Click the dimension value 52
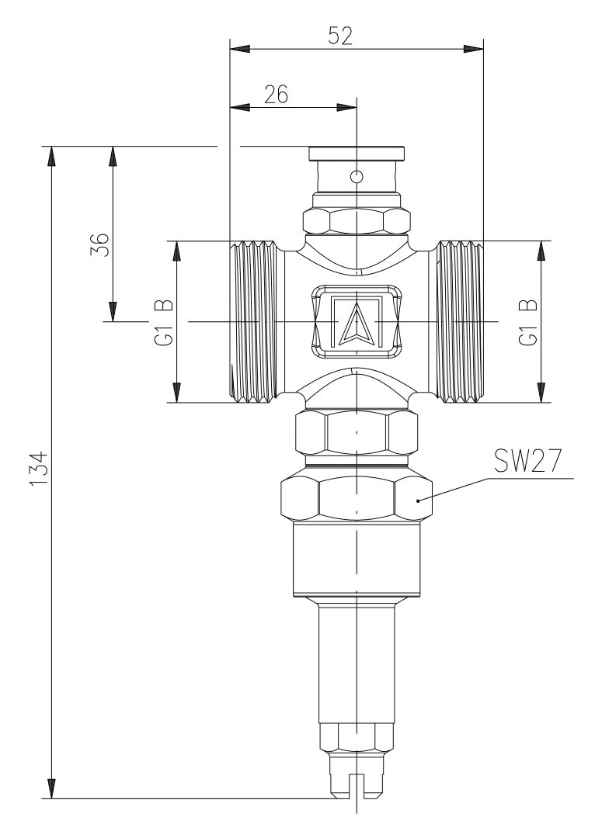click(x=340, y=36)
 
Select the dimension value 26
click(x=276, y=94)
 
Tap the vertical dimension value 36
click(x=100, y=244)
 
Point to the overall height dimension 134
click(x=39, y=469)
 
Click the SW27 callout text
click(x=527, y=460)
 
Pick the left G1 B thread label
click(x=164, y=322)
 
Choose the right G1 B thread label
click(x=528, y=322)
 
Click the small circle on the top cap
click(x=357, y=176)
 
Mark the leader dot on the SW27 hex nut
click(x=418, y=500)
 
